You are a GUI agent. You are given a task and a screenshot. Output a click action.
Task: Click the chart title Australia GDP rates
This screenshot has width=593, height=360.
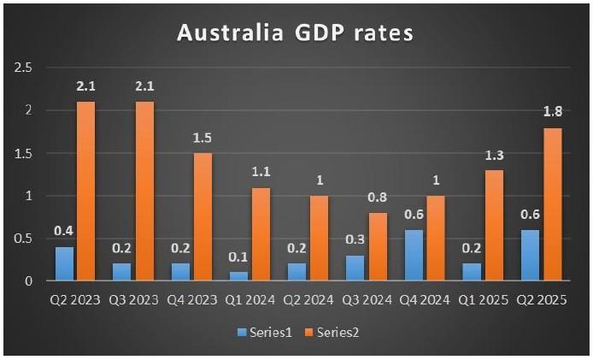pyautogui.click(x=295, y=33)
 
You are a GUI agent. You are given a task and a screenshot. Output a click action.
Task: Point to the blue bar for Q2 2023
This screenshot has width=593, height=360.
pyautogui.click(x=63, y=263)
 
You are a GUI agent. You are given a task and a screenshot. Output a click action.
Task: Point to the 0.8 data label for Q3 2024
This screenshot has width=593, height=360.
pyautogui.click(x=376, y=198)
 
